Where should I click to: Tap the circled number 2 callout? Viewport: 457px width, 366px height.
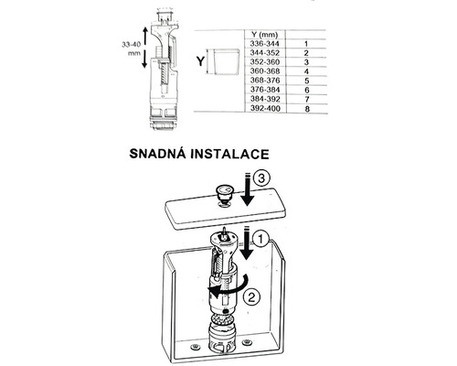coord(258,295)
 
